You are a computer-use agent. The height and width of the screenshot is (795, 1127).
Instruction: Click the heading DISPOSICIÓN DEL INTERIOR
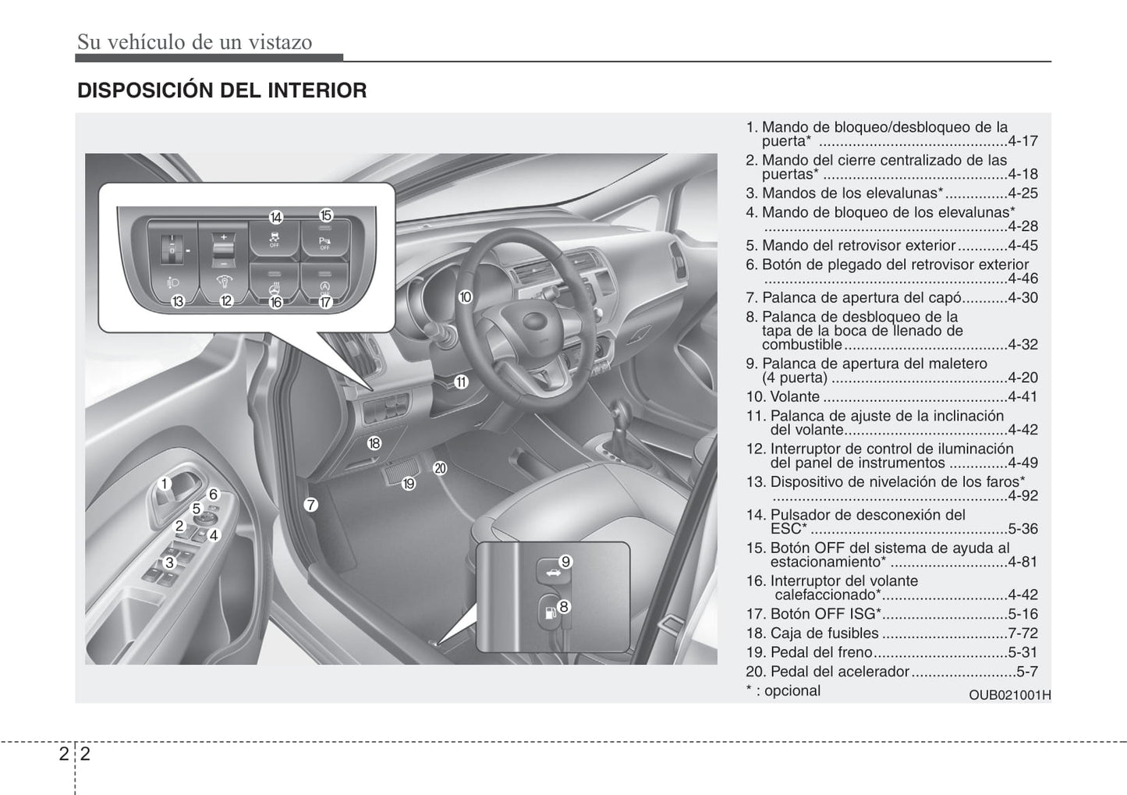pos(222,91)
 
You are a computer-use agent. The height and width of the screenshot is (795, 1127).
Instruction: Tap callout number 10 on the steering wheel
pos(466,296)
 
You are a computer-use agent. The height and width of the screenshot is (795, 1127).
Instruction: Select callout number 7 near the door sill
pos(310,505)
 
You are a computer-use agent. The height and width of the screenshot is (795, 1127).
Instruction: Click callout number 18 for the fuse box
pos(374,443)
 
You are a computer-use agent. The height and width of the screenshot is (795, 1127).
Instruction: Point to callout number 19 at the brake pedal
pos(409,484)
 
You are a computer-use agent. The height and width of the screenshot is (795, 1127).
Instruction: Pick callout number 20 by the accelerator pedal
pos(440,468)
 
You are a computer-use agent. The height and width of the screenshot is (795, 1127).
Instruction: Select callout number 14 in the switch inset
pos(275,217)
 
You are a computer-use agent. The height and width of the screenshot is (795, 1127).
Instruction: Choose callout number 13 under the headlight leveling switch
pos(178,300)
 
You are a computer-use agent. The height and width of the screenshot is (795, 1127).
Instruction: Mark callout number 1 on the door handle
pos(165,484)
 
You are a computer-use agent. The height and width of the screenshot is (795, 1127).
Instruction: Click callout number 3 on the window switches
pos(169,562)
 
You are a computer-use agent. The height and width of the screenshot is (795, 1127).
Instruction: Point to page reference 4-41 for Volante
pos(1022,397)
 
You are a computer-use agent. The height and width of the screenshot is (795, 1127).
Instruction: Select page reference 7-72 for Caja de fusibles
pos(1022,634)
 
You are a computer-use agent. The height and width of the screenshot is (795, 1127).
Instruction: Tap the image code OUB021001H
pos(1009,695)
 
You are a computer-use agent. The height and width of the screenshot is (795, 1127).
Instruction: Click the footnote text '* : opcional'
pos(783,691)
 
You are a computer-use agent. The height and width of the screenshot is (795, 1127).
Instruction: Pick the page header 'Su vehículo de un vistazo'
pos(194,42)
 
